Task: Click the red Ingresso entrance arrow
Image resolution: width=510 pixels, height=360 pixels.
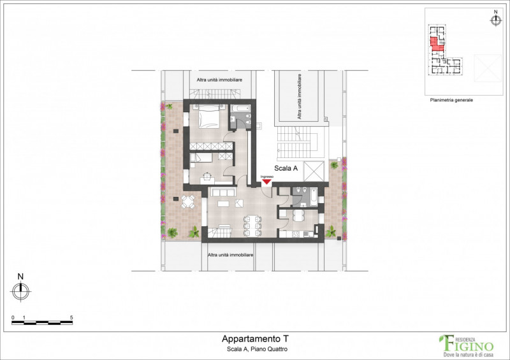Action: pyautogui.click(x=267, y=182)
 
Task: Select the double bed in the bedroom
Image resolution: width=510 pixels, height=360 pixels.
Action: pyautogui.click(x=207, y=117)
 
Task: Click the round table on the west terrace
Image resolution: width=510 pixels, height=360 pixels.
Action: pyautogui.click(x=187, y=203)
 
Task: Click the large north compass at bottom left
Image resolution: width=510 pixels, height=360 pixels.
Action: pyautogui.click(x=20, y=291)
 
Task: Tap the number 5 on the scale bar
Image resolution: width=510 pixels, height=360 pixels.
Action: pyautogui.click(x=71, y=317)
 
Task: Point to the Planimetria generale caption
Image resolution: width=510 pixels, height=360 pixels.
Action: pyautogui.click(x=451, y=100)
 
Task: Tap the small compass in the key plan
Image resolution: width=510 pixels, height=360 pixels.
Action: pyautogui.click(x=495, y=20)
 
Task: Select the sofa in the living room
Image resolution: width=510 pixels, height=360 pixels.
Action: pyautogui.click(x=224, y=192)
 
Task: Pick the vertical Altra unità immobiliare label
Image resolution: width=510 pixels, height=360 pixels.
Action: pyautogui.click(x=298, y=96)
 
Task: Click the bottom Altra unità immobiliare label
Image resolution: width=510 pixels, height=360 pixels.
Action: pyautogui.click(x=231, y=254)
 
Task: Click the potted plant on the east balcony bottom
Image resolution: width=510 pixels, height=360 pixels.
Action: pyautogui.click(x=331, y=233)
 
